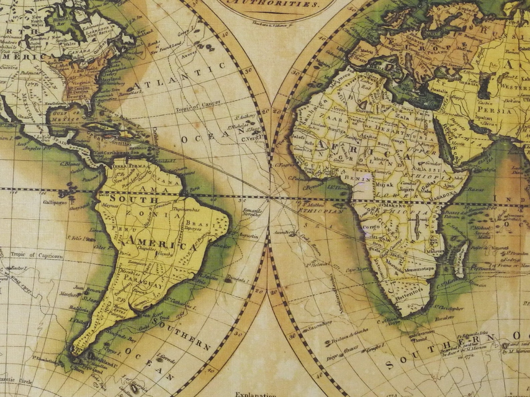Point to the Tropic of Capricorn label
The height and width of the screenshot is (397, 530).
36,256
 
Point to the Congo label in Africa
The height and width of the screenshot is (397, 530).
371,227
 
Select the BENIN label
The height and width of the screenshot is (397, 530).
358,178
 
